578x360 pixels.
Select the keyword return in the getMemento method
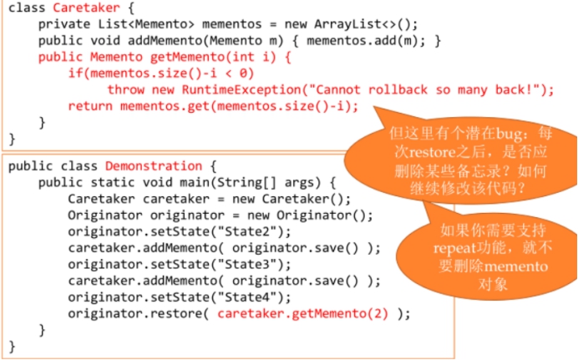click(89, 105)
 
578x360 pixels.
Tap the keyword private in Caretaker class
click(63, 23)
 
